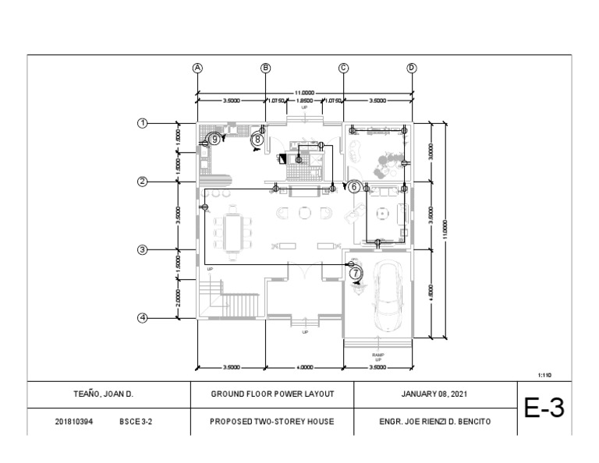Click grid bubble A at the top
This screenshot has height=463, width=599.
point(198,67)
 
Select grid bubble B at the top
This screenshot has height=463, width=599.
point(265,67)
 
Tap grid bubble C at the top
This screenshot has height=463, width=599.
point(343,67)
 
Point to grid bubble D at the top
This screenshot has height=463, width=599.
point(411,67)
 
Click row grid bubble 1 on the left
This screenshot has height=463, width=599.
point(143,122)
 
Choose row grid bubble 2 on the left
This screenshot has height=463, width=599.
point(143,182)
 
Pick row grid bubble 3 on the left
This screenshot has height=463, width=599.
point(143,249)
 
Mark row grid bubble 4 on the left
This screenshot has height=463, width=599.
point(143,317)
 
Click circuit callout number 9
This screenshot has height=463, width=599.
point(214,139)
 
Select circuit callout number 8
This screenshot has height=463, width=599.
point(258,140)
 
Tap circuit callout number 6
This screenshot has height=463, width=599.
point(353,186)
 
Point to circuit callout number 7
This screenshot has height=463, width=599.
point(356,274)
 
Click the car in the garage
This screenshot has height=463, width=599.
point(388,297)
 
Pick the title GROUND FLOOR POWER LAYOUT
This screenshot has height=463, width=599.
point(272,394)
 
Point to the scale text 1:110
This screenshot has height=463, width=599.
point(546,375)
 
